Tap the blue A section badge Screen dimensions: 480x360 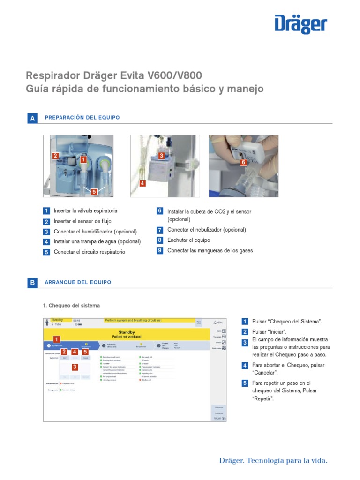32,119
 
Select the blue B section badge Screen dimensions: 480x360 32,283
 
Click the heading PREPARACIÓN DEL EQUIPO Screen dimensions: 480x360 82,117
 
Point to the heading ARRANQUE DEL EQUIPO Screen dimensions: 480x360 78,282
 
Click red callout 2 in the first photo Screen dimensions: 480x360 55,156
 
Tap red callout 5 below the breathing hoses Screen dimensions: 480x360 94,191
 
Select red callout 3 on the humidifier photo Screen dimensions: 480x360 161,155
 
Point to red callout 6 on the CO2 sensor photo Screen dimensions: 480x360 243,162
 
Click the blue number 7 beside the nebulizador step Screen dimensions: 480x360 160,230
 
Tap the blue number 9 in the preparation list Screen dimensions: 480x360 160,250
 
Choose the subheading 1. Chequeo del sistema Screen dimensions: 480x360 71,305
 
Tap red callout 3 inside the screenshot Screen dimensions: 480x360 74,367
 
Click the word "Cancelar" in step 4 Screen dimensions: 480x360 265,373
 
